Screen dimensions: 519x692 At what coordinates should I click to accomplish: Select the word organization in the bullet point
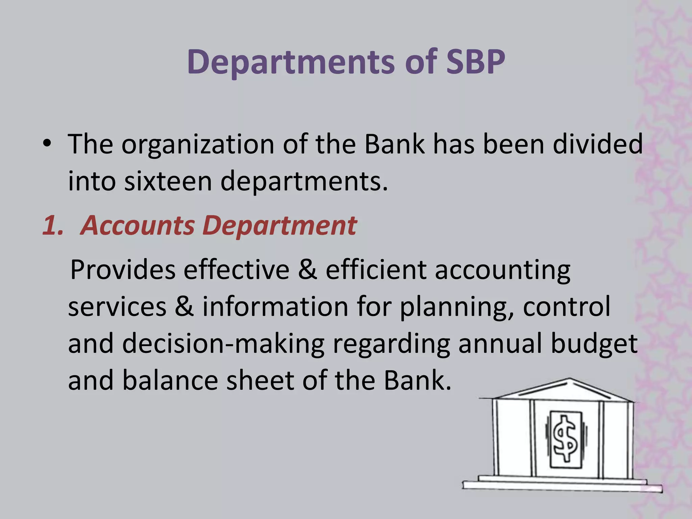coord(198,144)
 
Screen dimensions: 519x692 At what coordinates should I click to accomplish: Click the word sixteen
coord(168,181)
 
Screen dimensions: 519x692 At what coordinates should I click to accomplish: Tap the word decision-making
coord(223,344)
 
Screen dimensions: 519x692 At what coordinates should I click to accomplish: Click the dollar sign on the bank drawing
coord(565,439)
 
